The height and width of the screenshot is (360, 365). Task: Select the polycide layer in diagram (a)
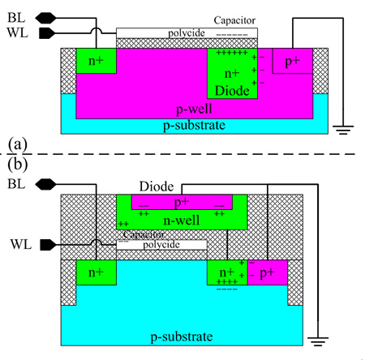point(187,32)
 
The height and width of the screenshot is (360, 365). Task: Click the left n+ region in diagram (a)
point(92,61)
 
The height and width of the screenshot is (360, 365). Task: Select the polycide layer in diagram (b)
point(162,244)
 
